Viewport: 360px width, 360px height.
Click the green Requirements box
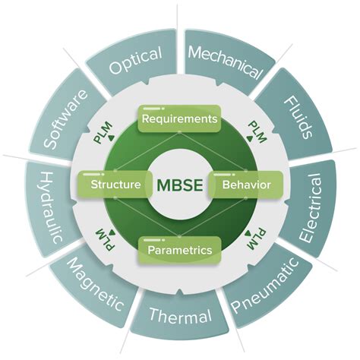[x=179, y=118]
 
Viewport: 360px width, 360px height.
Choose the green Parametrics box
[x=179, y=248]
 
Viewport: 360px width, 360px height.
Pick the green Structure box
[x=114, y=185]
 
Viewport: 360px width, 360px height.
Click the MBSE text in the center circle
[x=179, y=185]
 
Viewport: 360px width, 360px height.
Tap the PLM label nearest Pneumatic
[x=257, y=237]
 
